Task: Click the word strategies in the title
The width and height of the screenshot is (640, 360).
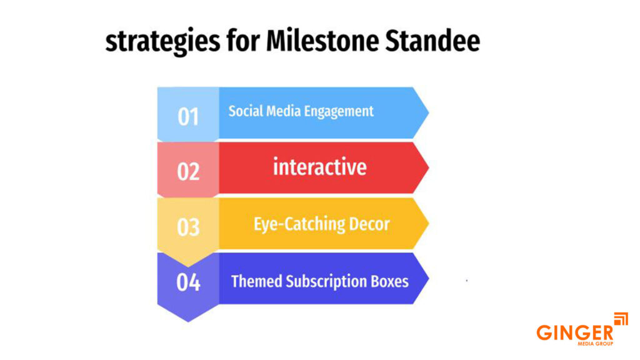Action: (162, 42)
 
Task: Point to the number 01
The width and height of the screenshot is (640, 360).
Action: (188, 117)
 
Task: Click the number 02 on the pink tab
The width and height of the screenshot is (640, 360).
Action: (188, 172)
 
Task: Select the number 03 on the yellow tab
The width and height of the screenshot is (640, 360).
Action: (188, 227)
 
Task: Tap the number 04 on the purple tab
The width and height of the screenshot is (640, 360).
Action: (188, 282)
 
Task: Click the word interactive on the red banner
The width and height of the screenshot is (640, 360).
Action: (319, 167)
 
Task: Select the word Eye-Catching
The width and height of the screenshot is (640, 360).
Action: (293, 224)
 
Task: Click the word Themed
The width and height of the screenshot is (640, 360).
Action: (256, 281)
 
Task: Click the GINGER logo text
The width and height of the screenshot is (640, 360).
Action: (575, 332)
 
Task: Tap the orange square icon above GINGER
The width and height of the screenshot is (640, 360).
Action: (621, 319)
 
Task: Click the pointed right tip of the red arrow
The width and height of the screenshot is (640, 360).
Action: (429, 167)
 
